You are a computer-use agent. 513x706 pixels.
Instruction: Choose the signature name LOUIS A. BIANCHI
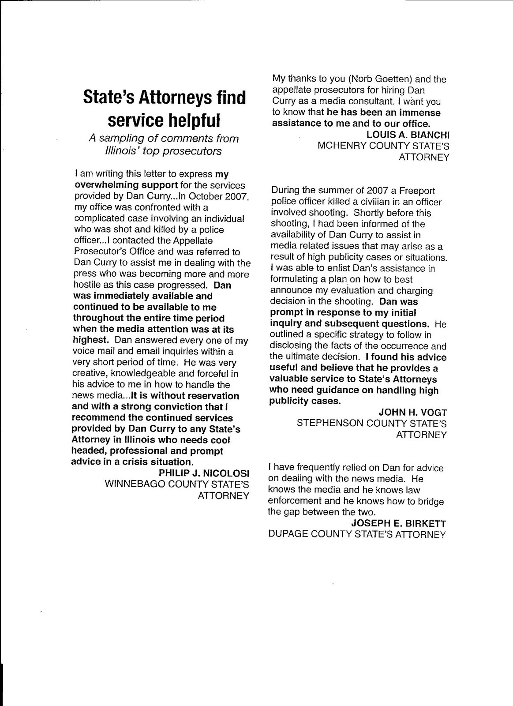pyautogui.click(x=408, y=135)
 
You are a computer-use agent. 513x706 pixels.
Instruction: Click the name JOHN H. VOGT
pyautogui.click(x=413, y=412)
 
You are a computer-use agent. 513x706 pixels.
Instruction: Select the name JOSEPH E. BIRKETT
pyautogui.click(x=399, y=523)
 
